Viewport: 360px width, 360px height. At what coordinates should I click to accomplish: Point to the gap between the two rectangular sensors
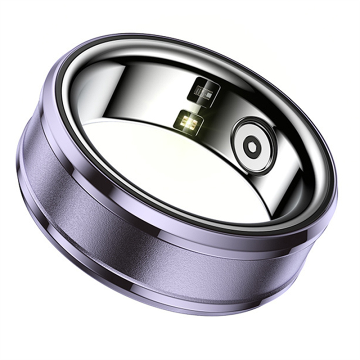[x=197, y=108]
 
